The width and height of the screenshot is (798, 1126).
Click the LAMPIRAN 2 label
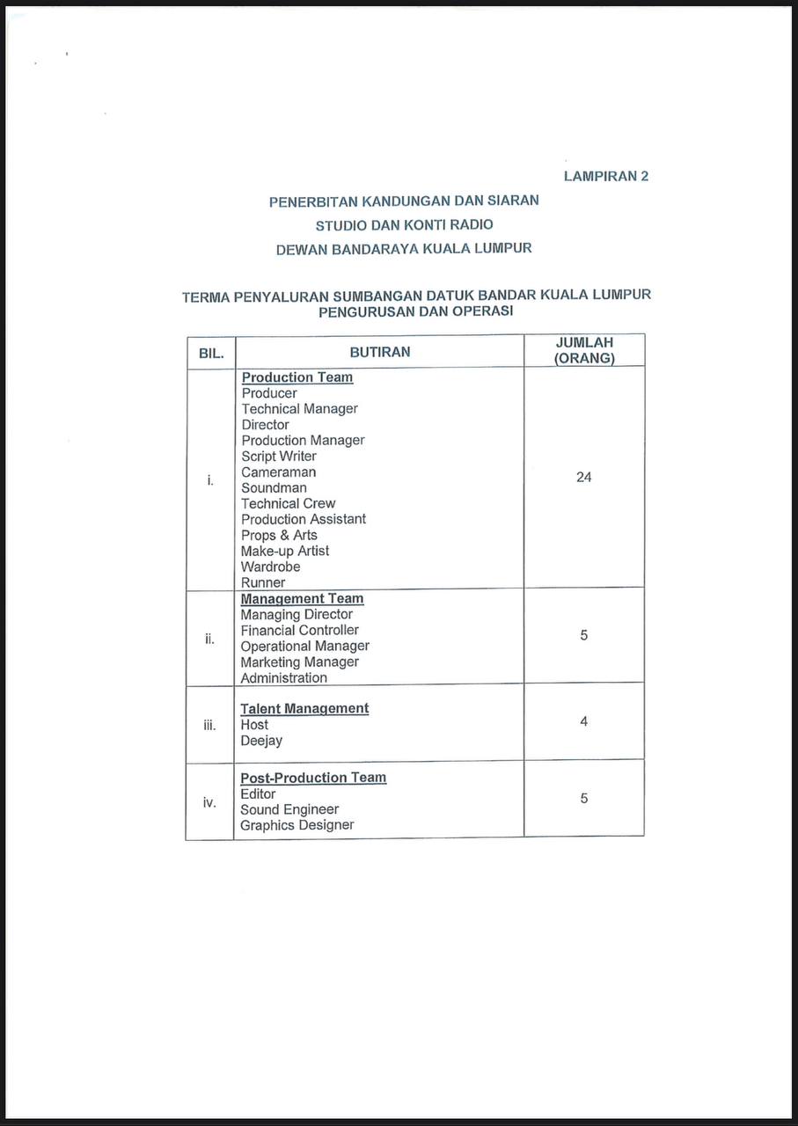click(x=605, y=176)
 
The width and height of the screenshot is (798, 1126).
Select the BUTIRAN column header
click(x=380, y=352)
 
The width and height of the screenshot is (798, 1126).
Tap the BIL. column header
click(x=211, y=354)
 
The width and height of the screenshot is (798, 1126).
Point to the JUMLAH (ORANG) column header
click(x=584, y=350)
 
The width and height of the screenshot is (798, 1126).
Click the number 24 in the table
click(x=583, y=477)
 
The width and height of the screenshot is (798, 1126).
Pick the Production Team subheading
click(x=297, y=377)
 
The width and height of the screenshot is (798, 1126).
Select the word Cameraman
click(x=278, y=472)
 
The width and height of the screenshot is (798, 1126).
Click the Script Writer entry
click(x=279, y=457)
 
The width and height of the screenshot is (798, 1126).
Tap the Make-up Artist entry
click(x=285, y=551)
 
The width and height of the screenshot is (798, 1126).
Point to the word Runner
click(x=263, y=582)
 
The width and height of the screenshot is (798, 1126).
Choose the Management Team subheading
click(x=302, y=599)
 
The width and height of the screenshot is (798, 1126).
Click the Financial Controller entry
click(x=300, y=630)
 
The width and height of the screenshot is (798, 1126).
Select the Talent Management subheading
click(x=304, y=709)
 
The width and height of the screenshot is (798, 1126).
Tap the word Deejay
click(x=261, y=741)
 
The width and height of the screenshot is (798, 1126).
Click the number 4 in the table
click(x=583, y=721)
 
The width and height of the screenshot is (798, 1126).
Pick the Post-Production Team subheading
click(x=313, y=778)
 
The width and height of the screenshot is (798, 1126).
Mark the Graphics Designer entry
click(x=297, y=825)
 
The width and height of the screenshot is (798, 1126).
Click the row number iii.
click(x=209, y=725)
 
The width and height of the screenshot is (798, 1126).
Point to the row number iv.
click(x=209, y=802)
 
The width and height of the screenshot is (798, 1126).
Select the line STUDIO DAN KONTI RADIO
click(x=404, y=224)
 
